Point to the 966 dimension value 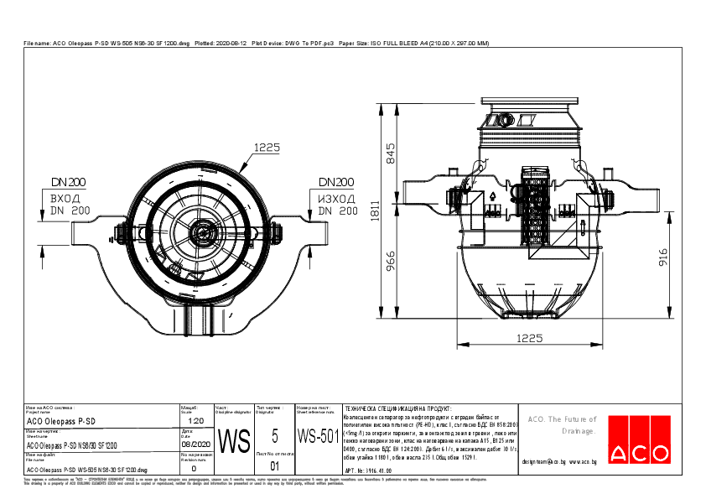click(390, 263)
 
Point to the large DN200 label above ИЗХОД click(335, 182)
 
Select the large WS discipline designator click(234, 440)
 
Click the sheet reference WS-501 click(318, 436)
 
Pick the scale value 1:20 click(195, 421)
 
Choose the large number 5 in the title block click(275, 436)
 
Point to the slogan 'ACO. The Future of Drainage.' click(561, 424)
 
